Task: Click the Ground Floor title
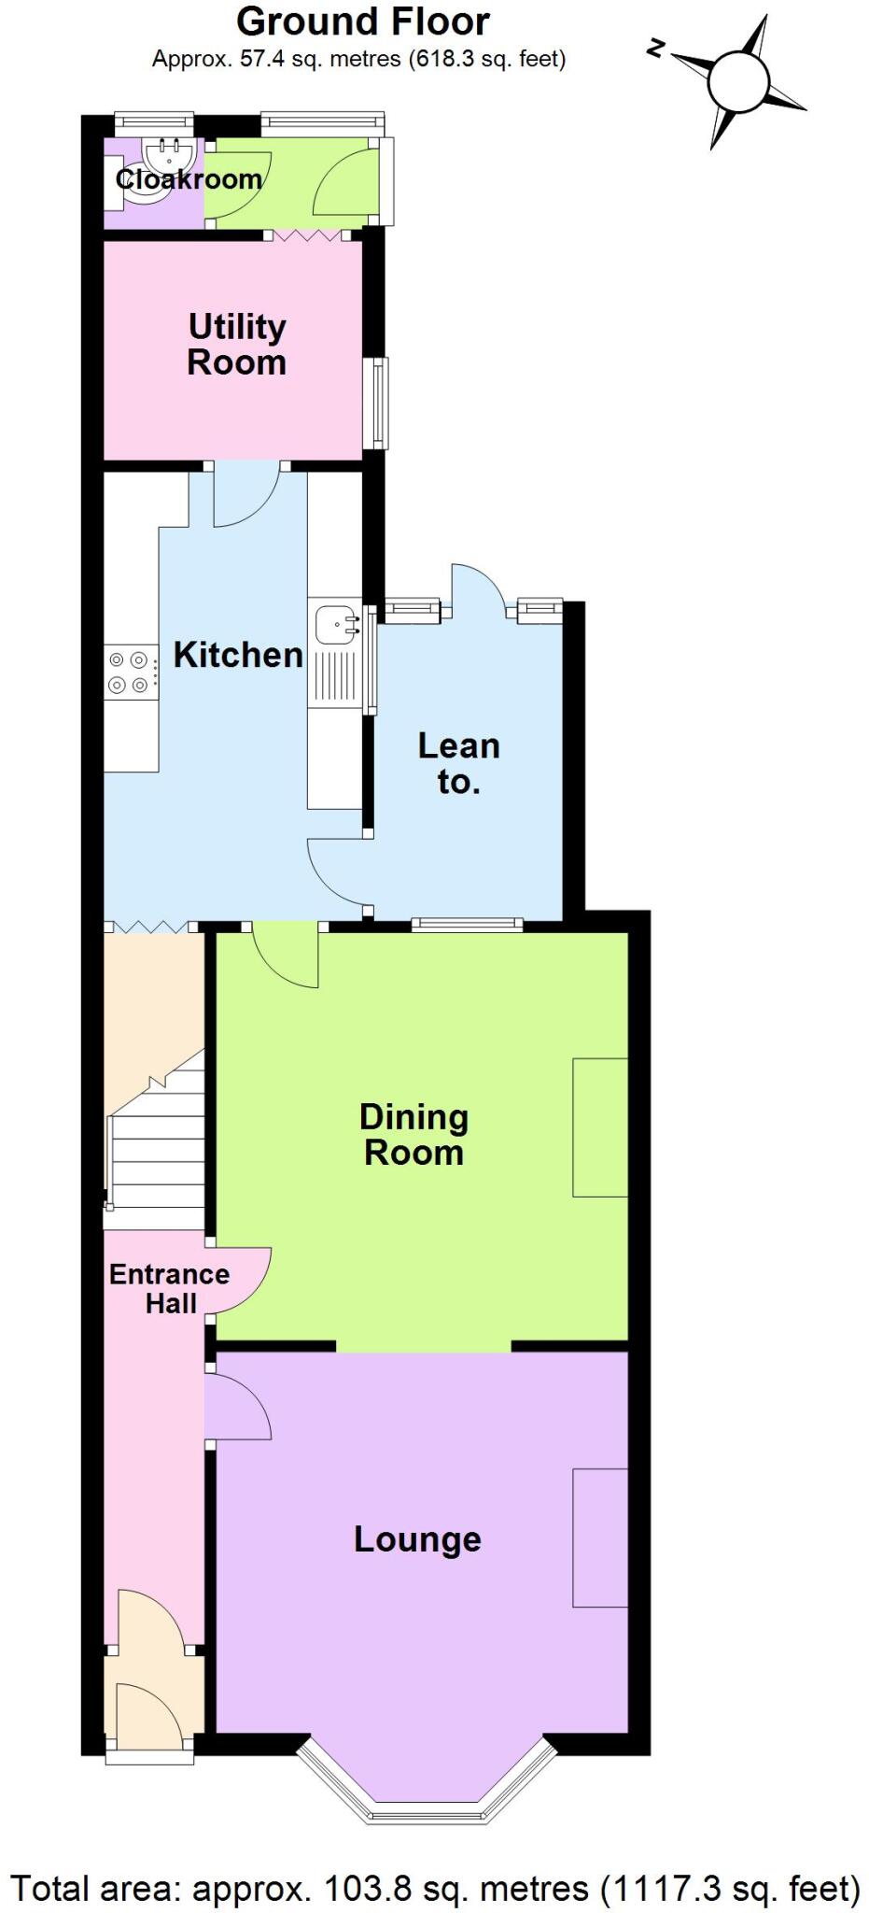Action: tap(362, 21)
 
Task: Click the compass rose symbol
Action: tap(738, 81)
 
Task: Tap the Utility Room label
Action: tap(236, 345)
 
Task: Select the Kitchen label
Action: tap(238, 655)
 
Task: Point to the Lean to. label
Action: tap(458, 763)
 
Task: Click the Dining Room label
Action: tap(413, 1134)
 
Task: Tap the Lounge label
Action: tap(417, 1538)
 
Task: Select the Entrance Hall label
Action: tap(169, 1288)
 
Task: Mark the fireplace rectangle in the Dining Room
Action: tap(599, 1127)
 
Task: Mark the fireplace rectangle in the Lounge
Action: tap(599, 1537)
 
